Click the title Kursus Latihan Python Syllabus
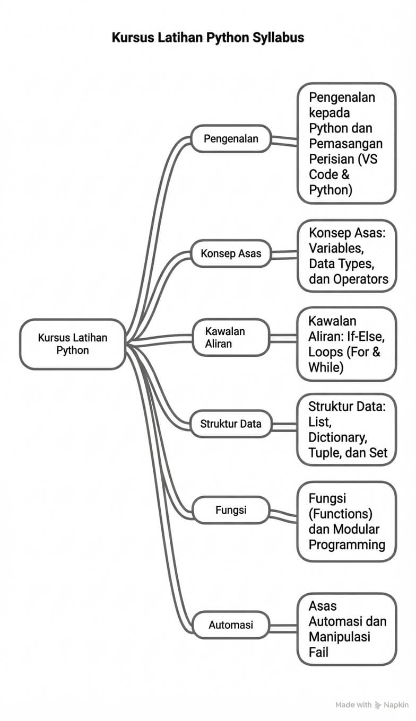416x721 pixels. coord(207,38)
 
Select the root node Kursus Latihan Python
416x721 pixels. coord(72,344)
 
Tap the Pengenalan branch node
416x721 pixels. coord(231,139)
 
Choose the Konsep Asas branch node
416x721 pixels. coord(231,253)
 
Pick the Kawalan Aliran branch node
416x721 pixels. coord(231,338)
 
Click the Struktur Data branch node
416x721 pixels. coord(231,424)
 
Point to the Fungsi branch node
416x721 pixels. coord(231,510)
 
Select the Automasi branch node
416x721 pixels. coord(231,625)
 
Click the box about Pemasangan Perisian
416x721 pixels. coord(346,143)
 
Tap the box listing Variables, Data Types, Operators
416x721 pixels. coord(346,256)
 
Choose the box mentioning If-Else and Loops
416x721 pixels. coord(346,344)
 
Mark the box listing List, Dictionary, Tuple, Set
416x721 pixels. coord(346,430)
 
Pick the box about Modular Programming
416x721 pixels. coord(346,521)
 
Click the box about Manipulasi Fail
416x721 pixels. coord(346,629)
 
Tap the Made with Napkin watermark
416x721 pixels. coord(371,705)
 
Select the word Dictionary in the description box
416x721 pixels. coord(337,437)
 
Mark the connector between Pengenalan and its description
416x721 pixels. coord(283,141)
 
